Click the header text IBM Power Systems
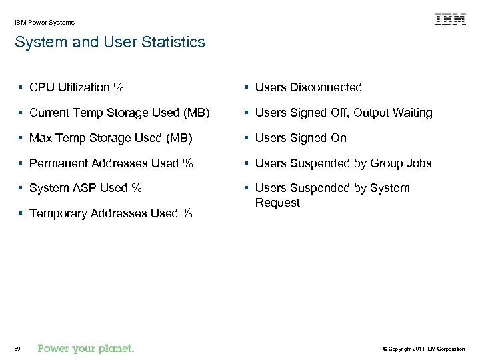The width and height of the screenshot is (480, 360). (45, 23)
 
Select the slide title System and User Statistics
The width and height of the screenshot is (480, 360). (110, 43)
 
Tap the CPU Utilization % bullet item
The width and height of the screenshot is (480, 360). (76, 87)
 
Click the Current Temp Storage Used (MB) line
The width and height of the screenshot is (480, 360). (119, 113)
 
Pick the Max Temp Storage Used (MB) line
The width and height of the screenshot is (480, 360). (111, 138)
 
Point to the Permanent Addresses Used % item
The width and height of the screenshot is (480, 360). (111, 163)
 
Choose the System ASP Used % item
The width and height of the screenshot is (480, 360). (85, 188)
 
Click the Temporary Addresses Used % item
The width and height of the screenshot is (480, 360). (111, 213)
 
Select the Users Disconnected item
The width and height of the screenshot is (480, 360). (308, 87)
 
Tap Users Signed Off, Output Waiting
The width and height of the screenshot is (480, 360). (343, 113)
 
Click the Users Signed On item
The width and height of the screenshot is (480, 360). (301, 138)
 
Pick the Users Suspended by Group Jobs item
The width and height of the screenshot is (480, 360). (343, 163)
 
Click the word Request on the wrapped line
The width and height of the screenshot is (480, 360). (277, 203)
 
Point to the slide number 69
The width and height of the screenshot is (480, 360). (17, 349)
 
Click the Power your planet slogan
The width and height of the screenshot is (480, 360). (86, 348)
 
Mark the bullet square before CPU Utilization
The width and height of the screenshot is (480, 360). (21, 87)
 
